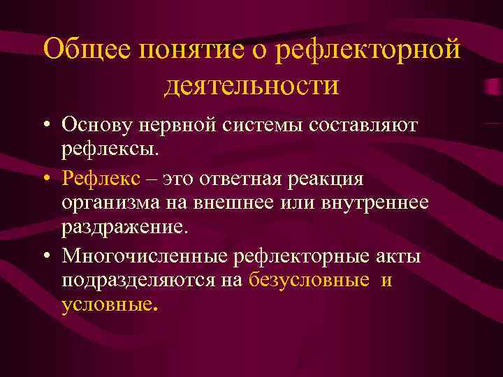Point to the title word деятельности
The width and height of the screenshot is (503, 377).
pos(251,85)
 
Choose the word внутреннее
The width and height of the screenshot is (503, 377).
pos(379,202)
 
